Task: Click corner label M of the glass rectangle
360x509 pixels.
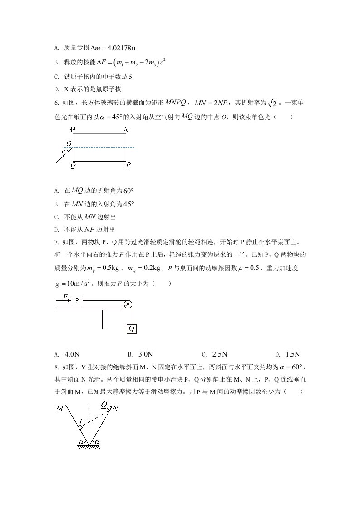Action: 73,130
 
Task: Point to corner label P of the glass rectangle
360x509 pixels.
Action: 128,166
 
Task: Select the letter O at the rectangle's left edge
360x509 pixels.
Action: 69,144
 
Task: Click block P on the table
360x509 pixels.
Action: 77,300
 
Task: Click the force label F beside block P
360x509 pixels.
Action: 65,297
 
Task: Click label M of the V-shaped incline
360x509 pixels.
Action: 59,408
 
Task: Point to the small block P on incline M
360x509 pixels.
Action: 80,426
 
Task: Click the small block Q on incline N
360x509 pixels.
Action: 109,407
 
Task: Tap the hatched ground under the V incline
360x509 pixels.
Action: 89,447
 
